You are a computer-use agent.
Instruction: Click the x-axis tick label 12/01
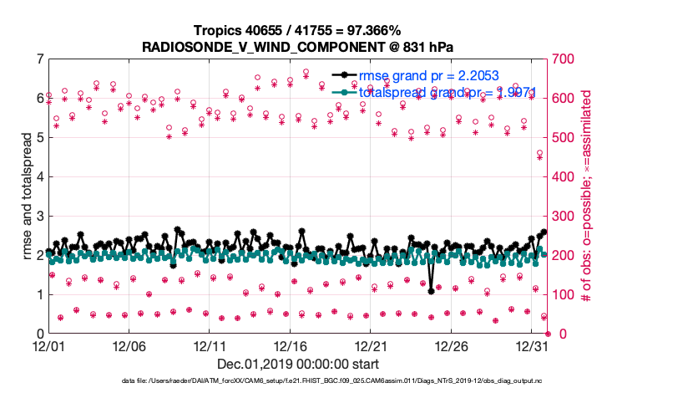[48, 345]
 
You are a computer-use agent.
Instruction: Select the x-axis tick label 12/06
[129, 345]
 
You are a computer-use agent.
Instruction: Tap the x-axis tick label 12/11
[210, 345]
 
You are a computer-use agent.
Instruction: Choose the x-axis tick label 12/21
[372, 345]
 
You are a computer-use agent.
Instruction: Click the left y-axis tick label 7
[39, 59]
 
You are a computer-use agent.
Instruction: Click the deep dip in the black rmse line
[431, 291]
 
